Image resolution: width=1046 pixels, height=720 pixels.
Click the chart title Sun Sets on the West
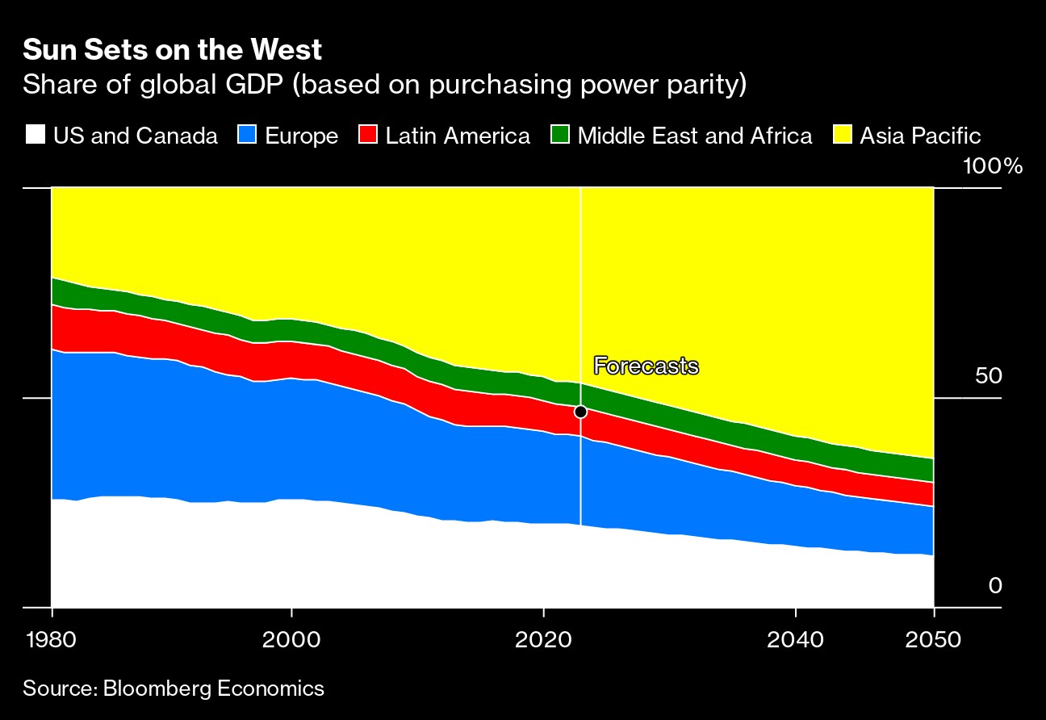tap(173, 50)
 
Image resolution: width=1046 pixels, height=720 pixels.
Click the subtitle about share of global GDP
tap(384, 85)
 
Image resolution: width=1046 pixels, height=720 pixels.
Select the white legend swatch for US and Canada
tap(34, 135)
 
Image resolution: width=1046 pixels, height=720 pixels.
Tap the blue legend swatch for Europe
tap(247, 135)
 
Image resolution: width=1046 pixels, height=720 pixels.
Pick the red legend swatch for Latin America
tap(369, 135)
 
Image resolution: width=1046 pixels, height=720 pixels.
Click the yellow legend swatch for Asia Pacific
tap(843, 135)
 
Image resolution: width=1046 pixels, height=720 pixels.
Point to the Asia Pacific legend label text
tap(920, 136)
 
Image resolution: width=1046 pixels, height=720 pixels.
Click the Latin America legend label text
tap(458, 136)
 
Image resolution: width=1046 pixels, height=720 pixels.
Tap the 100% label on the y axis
tap(992, 167)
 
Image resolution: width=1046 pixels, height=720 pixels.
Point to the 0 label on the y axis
tap(995, 585)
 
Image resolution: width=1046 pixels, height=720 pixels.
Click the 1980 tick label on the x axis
tap(52, 640)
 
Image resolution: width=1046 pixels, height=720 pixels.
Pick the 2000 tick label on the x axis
tap(291, 640)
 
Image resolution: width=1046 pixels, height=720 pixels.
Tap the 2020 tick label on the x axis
tap(544, 640)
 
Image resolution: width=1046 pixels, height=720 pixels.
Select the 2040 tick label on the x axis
tap(796, 640)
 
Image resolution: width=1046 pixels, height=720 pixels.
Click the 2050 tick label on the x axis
tap(933, 640)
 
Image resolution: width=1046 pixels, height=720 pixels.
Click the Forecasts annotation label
tap(646, 366)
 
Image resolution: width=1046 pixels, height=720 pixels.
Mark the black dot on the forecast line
tap(580, 412)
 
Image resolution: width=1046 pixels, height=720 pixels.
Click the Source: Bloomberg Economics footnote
tap(174, 689)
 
